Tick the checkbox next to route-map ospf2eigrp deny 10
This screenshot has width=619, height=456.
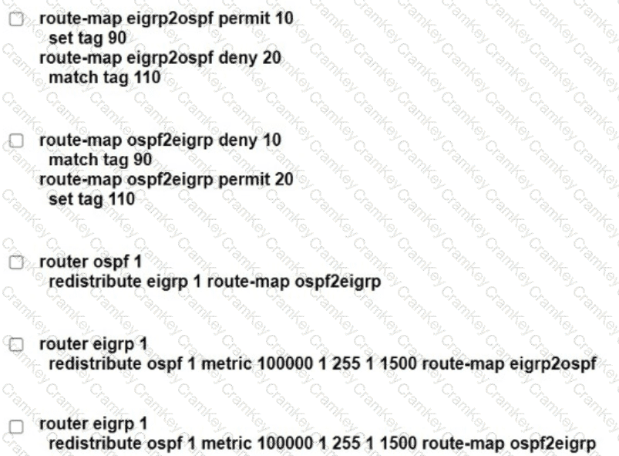pyautogui.click(x=17, y=141)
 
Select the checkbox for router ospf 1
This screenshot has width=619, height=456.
pyautogui.click(x=17, y=263)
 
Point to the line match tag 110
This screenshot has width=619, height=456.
pyautogui.click(x=104, y=77)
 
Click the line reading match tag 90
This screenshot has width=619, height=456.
pyautogui.click(x=99, y=160)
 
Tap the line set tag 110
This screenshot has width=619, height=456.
pyautogui.click(x=91, y=199)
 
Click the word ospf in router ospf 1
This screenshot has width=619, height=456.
pyautogui.click(x=106, y=262)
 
